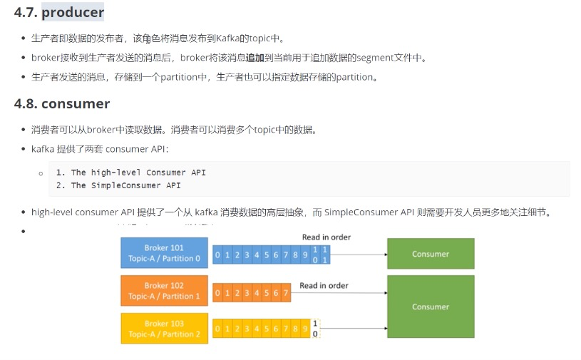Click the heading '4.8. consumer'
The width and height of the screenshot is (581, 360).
(62, 104)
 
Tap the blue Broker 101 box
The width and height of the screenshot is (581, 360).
(164, 253)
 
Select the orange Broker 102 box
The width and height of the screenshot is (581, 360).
(164, 291)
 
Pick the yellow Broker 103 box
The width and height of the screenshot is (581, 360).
(164, 329)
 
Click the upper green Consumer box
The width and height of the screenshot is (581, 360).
(431, 254)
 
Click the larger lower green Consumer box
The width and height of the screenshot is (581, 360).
(431, 307)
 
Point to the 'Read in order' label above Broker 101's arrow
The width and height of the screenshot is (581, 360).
(326, 237)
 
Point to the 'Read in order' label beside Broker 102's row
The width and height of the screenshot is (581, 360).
(324, 286)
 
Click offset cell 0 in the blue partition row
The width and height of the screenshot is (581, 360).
(218, 254)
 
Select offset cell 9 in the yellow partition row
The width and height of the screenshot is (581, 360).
(304, 330)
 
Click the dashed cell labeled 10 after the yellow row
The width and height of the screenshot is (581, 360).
(316, 329)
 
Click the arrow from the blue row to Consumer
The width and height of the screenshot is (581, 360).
(356, 254)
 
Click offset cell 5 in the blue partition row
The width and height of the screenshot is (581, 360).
(266, 254)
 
